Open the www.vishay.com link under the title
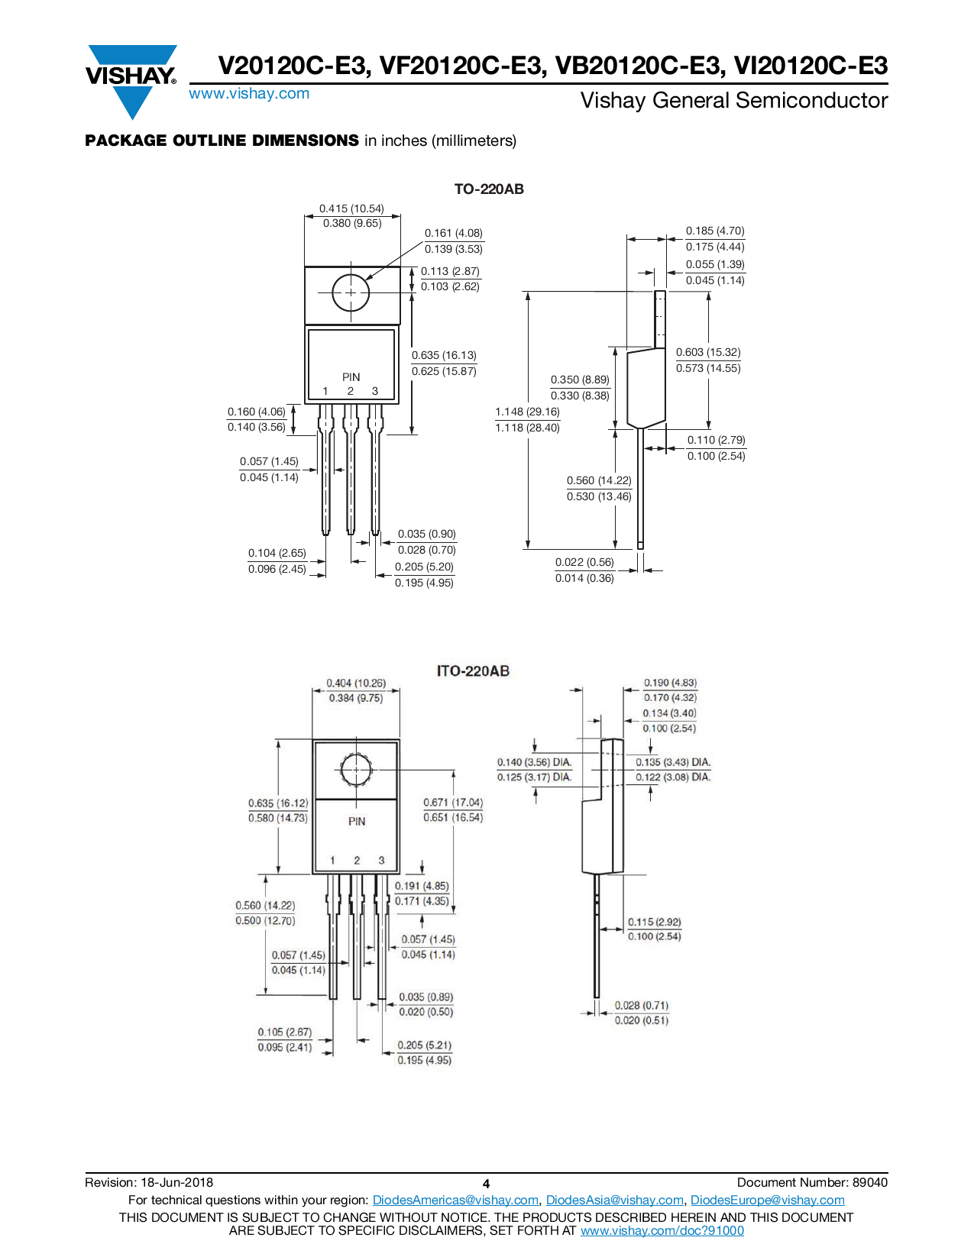pyautogui.click(x=249, y=94)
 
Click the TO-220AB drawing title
pyautogui.click(x=489, y=189)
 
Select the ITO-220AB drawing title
pyautogui.click(x=473, y=671)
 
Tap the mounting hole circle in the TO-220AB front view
pyautogui.click(x=351, y=292)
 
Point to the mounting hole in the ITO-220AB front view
pyautogui.click(x=356, y=771)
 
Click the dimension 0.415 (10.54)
pyautogui.click(x=351, y=208)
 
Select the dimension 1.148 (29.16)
pyautogui.click(x=527, y=412)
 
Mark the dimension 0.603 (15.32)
pyautogui.click(x=708, y=352)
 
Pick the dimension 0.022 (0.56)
pyautogui.click(x=584, y=562)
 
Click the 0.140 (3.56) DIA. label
pyautogui.click(x=534, y=762)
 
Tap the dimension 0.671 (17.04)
pyautogui.click(x=453, y=803)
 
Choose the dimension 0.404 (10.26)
pyautogui.click(x=356, y=683)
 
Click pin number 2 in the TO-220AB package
pyautogui.click(x=351, y=391)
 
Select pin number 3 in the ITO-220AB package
pyautogui.click(x=381, y=860)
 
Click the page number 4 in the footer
pyautogui.click(x=486, y=1184)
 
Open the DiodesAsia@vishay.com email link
pyautogui.click(x=614, y=1200)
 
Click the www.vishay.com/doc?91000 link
pyautogui.click(x=662, y=1230)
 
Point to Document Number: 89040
pyautogui.click(x=812, y=1183)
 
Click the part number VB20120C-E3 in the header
pyautogui.click(x=639, y=66)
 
